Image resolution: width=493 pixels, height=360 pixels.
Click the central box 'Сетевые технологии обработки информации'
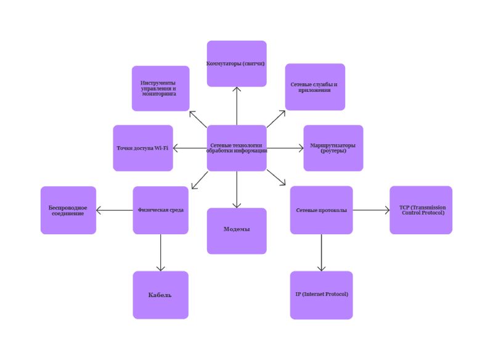coord(237,148)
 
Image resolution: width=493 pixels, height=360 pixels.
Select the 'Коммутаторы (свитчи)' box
coord(237,63)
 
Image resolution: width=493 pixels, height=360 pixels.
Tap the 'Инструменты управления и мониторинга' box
coord(160,88)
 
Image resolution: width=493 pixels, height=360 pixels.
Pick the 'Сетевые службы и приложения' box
coord(315,87)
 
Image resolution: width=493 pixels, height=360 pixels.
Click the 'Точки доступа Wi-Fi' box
coord(143,148)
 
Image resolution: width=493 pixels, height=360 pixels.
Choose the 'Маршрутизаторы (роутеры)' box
coord(333,148)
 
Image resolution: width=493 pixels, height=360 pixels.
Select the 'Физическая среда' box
coord(160,210)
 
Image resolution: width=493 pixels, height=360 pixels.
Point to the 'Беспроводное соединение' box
coord(68,210)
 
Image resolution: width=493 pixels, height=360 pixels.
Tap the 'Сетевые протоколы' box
coord(321,210)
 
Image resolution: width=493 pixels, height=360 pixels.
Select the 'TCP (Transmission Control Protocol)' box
coord(421,210)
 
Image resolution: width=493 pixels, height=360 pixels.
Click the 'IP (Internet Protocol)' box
coord(321,295)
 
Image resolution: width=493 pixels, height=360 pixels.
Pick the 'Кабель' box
coord(160,295)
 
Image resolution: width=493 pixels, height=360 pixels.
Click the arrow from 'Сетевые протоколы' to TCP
coord(371,210)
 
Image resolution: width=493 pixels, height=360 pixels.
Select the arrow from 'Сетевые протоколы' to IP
coord(321,252)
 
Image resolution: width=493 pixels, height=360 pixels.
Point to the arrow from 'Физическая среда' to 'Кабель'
coord(161,252)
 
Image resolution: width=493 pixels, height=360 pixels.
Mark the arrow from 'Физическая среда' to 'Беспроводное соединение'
coord(115,210)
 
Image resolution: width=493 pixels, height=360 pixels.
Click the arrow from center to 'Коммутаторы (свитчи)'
coord(237,106)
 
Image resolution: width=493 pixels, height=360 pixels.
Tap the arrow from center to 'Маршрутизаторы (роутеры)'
coord(285,148)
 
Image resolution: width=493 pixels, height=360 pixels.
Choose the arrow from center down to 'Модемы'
coord(237,189)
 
